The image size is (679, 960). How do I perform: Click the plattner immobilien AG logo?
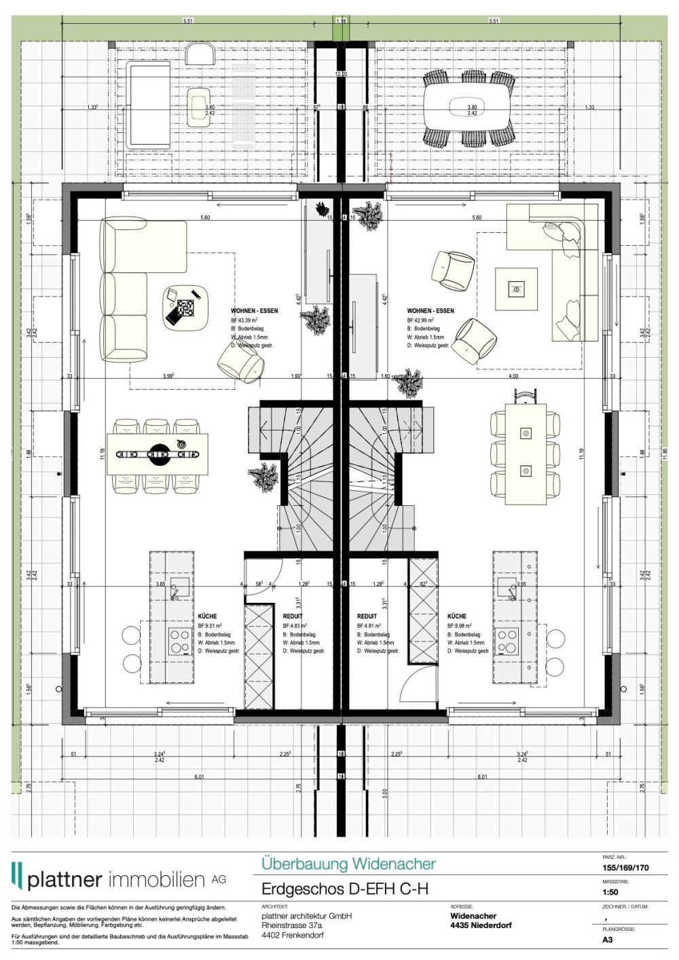tap(118, 878)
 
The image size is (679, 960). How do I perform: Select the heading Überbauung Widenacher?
tap(348, 864)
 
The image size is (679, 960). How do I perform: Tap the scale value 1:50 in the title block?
tap(610, 892)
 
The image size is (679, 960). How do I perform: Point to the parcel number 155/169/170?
tap(625, 867)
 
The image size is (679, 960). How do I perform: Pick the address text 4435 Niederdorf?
tap(481, 925)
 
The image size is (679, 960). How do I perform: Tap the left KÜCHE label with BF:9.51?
tap(208, 616)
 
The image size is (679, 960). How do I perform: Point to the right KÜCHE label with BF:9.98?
tap(457, 616)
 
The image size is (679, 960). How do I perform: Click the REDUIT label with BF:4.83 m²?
tap(293, 616)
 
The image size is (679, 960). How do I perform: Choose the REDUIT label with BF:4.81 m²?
tap(367, 616)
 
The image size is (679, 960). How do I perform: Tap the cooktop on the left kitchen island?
tap(179, 638)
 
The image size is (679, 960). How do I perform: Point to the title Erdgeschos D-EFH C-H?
tap(345, 889)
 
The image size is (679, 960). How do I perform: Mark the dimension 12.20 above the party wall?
tap(341, 73)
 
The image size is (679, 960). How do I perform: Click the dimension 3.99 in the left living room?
tap(168, 375)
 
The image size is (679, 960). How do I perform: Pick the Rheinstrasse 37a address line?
tap(292, 925)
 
